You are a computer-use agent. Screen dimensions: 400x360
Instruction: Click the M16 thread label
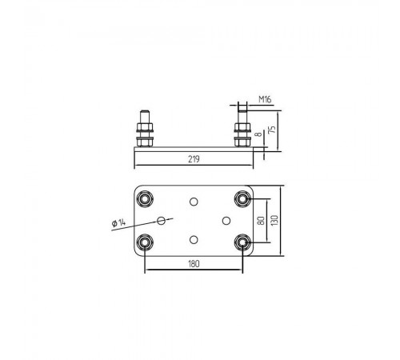point(265,99)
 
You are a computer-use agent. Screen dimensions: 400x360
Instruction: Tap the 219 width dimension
point(194,159)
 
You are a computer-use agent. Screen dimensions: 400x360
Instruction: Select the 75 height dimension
point(272,130)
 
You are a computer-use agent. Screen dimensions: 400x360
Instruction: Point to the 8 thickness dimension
point(259,134)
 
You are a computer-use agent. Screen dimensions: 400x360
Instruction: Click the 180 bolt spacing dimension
point(194,264)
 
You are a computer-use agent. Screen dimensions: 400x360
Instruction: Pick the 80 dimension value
point(262,221)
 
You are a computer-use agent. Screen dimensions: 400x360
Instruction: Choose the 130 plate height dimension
point(274,221)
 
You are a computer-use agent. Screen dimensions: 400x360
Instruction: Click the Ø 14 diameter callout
point(118,223)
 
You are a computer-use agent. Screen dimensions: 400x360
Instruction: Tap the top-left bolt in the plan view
point(145,198)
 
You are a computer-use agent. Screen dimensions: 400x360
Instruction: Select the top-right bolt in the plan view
point(242,198)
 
